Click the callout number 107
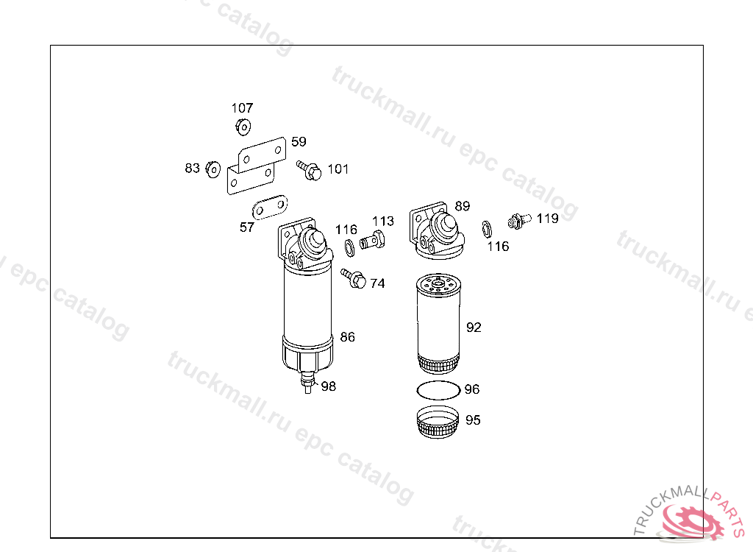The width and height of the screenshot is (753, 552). coord(242,107)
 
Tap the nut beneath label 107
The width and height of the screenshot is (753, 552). coord(243,127)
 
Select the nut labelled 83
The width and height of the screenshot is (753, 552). coord(213,169)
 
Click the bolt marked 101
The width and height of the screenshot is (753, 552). coord(309,170)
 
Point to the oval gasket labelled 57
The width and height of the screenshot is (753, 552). coord(270,208)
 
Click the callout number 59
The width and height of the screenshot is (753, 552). coord(299,142)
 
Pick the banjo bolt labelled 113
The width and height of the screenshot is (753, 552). coord(372,239)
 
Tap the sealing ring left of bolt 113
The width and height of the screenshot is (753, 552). coord(349,247)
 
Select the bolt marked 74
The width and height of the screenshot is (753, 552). coord(353,278)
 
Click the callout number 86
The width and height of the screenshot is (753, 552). coord(347,337)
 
